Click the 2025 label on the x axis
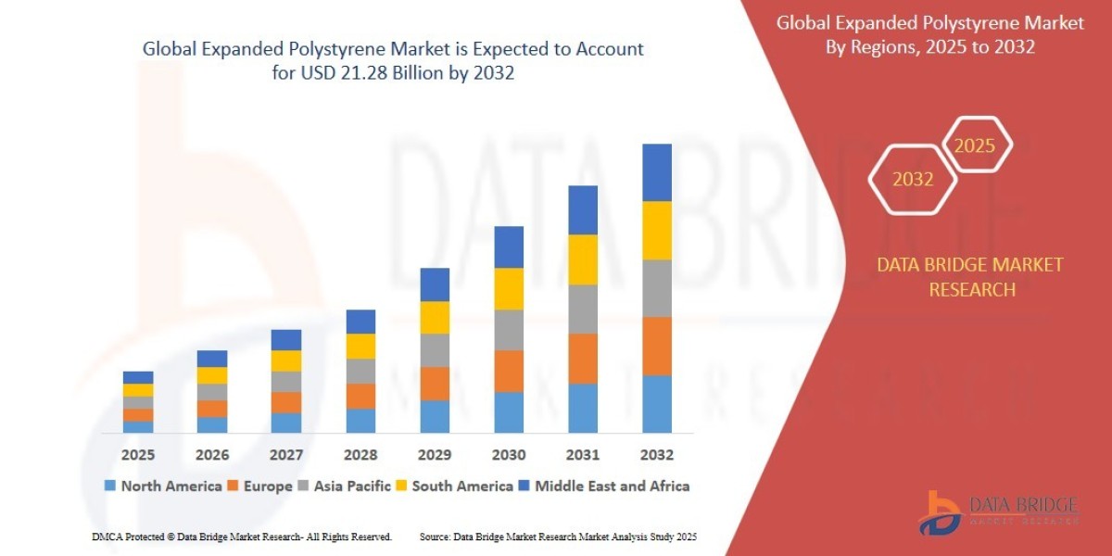coord(137,455)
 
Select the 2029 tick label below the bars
coord(434,455)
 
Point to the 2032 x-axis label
coord(656,455)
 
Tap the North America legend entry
coord(163,486)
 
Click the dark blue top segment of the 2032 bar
coord(656,172)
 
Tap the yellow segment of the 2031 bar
coord(582,259)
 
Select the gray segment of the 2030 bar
coord(508,330)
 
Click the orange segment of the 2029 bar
coord(434,384)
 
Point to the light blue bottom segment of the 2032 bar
coord(656,403)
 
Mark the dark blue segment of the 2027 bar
coord(285,339)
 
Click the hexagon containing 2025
coord(975,145)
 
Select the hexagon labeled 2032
coord(913,180)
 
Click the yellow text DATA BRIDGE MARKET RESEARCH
coord(970,277)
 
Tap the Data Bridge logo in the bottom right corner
coord(999,512)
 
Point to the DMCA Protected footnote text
coord(242,537)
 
